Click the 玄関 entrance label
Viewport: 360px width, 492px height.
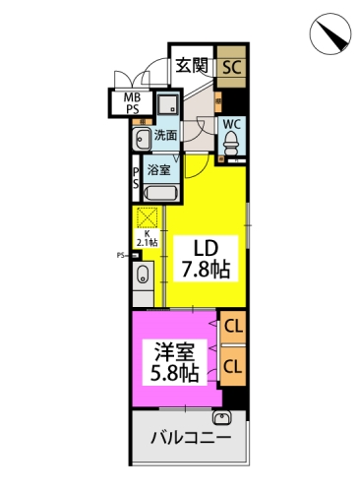192,65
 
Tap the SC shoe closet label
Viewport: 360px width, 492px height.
232,67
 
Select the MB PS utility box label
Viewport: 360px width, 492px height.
132,103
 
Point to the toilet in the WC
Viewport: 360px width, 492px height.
232,143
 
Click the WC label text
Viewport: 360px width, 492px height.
232,124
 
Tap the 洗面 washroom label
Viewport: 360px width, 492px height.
165,135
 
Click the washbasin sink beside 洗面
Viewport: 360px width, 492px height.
142,139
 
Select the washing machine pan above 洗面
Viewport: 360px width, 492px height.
168,105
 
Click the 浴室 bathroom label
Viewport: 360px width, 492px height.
158,169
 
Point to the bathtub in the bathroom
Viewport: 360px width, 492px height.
160,194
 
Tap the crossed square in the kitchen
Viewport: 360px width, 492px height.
147,216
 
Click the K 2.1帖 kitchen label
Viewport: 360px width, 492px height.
148,238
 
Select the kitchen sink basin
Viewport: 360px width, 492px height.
143,274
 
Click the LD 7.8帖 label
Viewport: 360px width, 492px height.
206,259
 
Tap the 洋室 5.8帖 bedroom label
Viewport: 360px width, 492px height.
175,362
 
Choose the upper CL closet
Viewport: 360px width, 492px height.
233,328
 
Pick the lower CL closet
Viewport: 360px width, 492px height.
233,366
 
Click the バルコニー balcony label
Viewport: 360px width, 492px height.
192,437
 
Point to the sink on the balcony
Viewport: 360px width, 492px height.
222,418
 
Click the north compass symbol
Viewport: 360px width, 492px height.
330,33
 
